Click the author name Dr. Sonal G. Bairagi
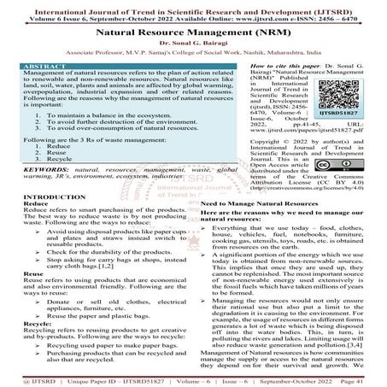[193, 42]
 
